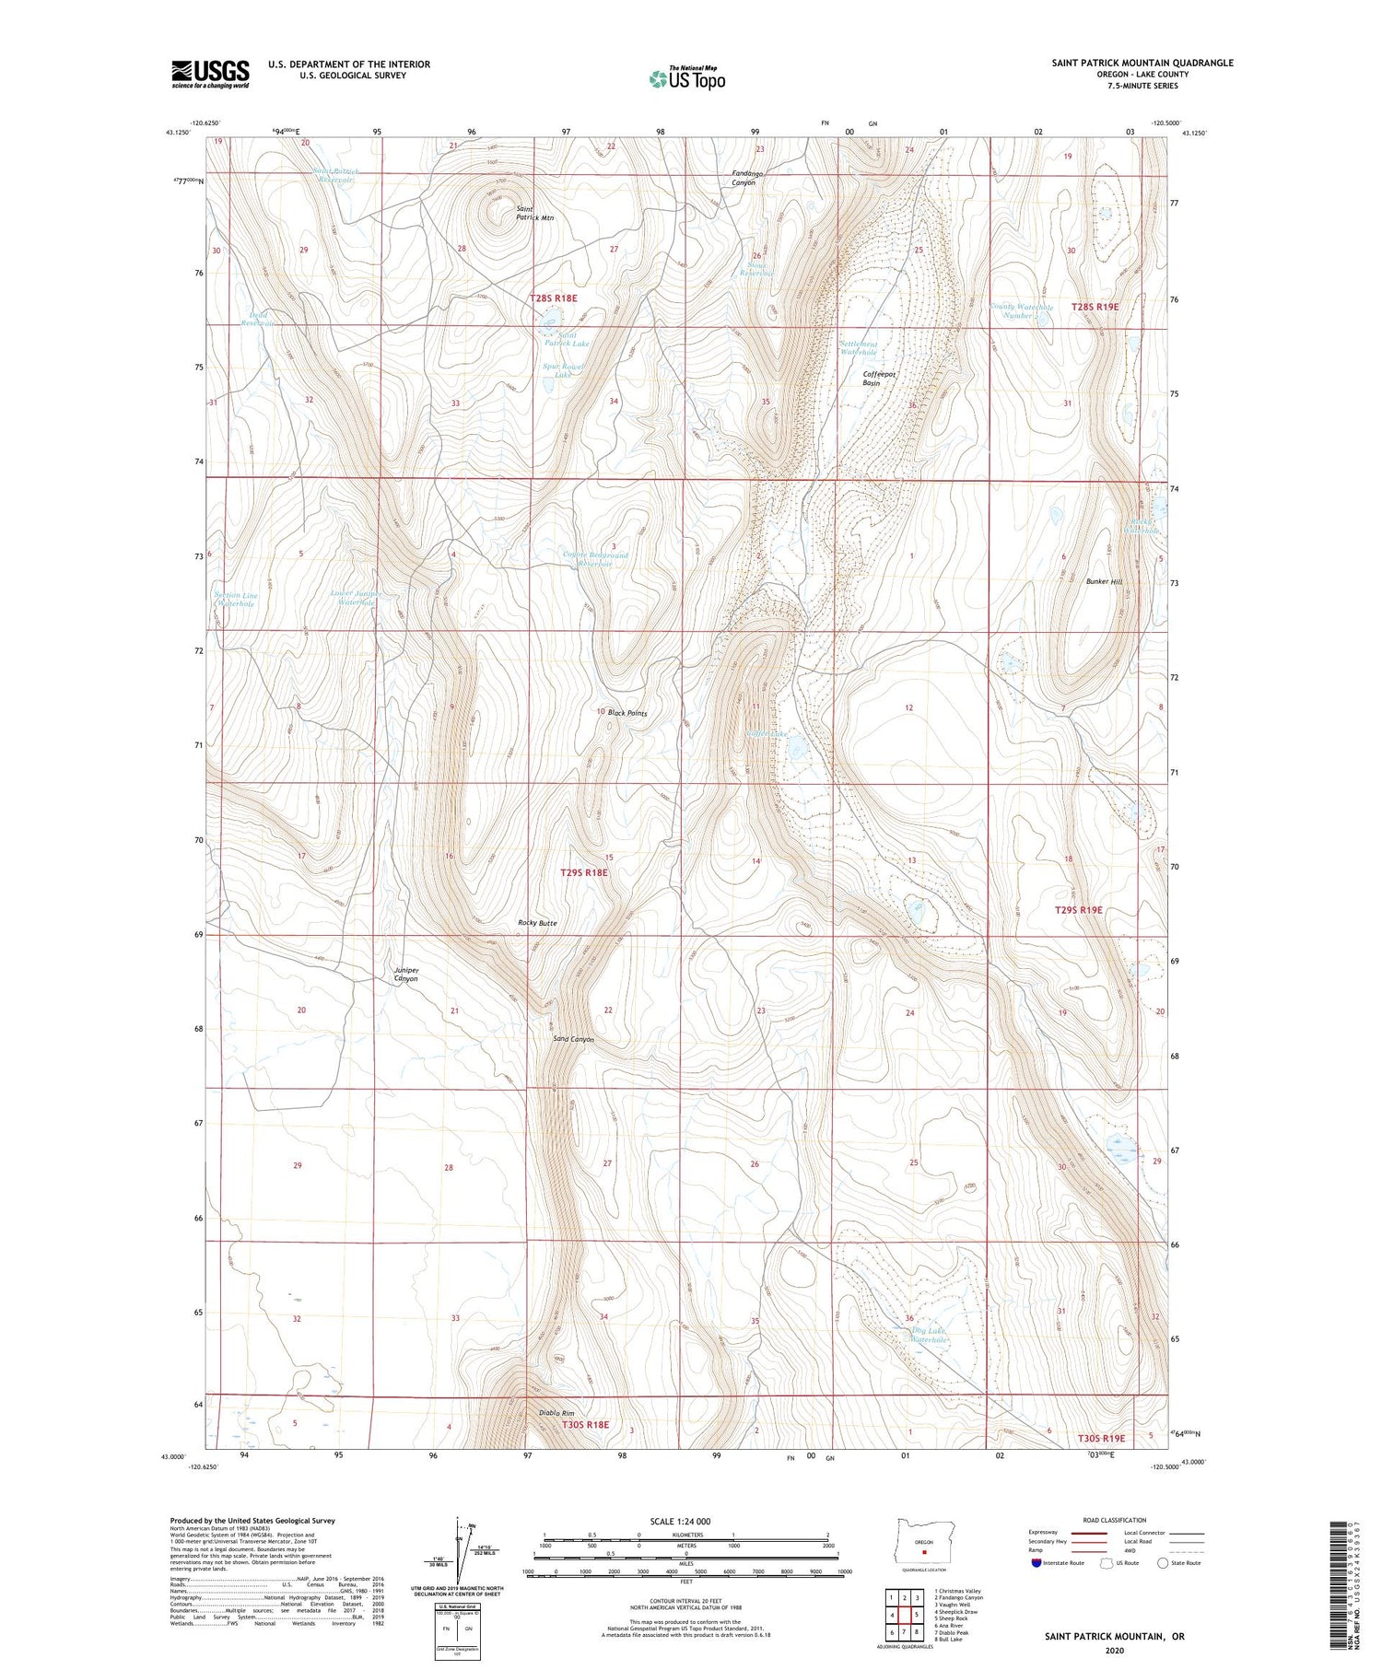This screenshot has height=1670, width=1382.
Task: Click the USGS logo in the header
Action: (x=210, y=74)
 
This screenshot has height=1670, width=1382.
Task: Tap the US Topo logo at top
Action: (x=687, y=78)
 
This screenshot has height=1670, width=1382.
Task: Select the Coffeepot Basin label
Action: (x=879, y=379)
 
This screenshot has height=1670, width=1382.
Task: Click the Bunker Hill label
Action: (x=1104, y=582)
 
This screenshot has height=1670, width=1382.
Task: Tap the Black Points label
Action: (x=627, y=713)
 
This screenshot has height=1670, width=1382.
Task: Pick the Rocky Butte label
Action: (x=537, y=923)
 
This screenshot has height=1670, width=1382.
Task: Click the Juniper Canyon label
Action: (x=406, y=975)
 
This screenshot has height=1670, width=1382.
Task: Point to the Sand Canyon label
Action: (x=573, y=1040)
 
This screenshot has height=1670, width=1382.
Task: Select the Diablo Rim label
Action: (x=556, y=1413)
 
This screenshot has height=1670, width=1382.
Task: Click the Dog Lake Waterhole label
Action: (x=928, y=1336)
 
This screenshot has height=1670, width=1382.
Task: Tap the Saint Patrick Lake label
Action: (x=566, y=339)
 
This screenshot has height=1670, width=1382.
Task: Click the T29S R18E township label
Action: (x=584, y=872)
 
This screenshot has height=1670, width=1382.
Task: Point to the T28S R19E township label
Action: (x=1095, y=307)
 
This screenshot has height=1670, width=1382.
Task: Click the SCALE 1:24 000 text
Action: (x=686, y=1521)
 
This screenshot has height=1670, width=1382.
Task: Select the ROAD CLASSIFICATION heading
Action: (x=1115, y=1520)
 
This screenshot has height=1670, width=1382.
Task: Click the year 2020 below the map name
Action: (x=1114, y=1651)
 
